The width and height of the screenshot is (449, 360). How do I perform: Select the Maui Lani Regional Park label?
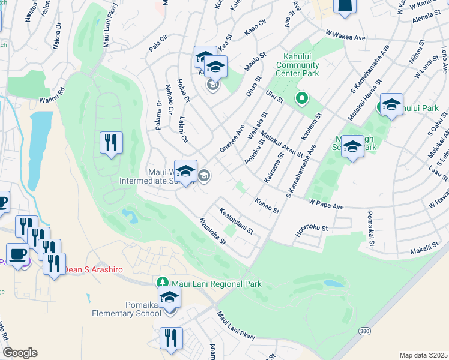(216, 283)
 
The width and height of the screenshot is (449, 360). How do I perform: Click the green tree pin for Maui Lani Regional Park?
(162, 282)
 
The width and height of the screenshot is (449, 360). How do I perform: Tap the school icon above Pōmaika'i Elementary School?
(170, 296)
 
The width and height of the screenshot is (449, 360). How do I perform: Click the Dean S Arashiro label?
(94, 269)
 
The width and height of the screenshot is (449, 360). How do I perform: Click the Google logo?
(19, 353)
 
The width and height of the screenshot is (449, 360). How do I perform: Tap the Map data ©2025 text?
(423, 355)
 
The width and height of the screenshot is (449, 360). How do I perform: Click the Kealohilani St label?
(237, 222)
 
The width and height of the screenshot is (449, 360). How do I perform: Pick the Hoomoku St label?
(312, 229)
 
